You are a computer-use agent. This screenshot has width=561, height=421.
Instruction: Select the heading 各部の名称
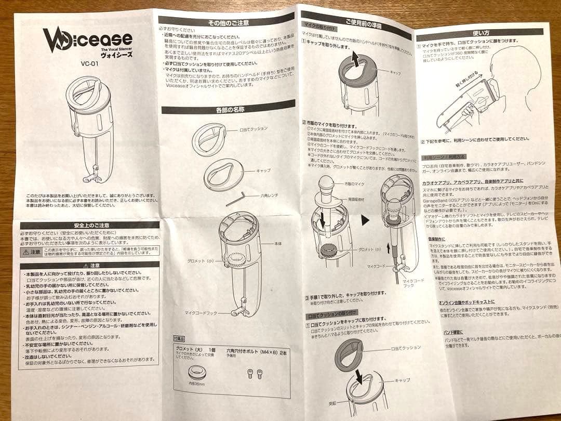click(x=227, y=109)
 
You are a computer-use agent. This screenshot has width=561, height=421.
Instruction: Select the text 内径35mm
click(x=197, y=385)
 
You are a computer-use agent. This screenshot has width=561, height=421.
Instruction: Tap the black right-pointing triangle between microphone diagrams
click(x=365, y=220)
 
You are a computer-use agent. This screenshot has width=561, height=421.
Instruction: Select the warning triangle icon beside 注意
click(x=25, y=252)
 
